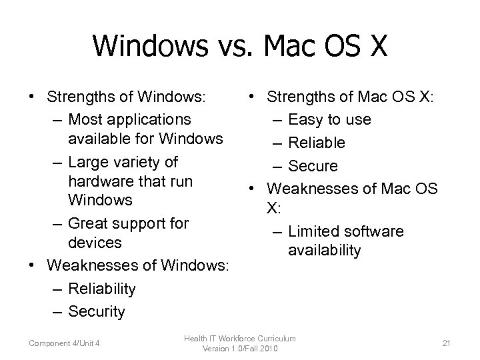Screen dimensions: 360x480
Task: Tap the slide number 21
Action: (x=446, y=343)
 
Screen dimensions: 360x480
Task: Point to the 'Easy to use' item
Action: (x=349, y=120)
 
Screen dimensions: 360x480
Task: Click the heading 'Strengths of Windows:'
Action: (x=125, y=97)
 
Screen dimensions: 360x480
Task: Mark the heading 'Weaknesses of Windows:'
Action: (x=138, y=266)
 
